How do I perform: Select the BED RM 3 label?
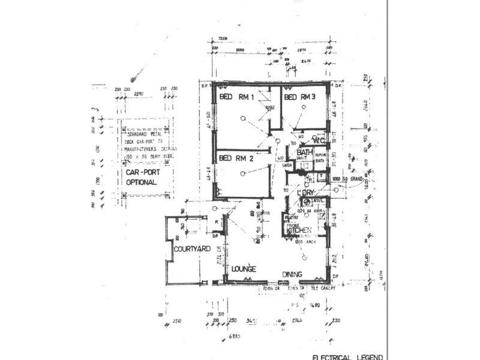tap(299, 97)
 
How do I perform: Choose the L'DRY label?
tap(307, 193)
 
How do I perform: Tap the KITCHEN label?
tap(298, 230)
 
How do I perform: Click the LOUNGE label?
tap(244, 269)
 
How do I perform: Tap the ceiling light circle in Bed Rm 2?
tap(242, 173)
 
